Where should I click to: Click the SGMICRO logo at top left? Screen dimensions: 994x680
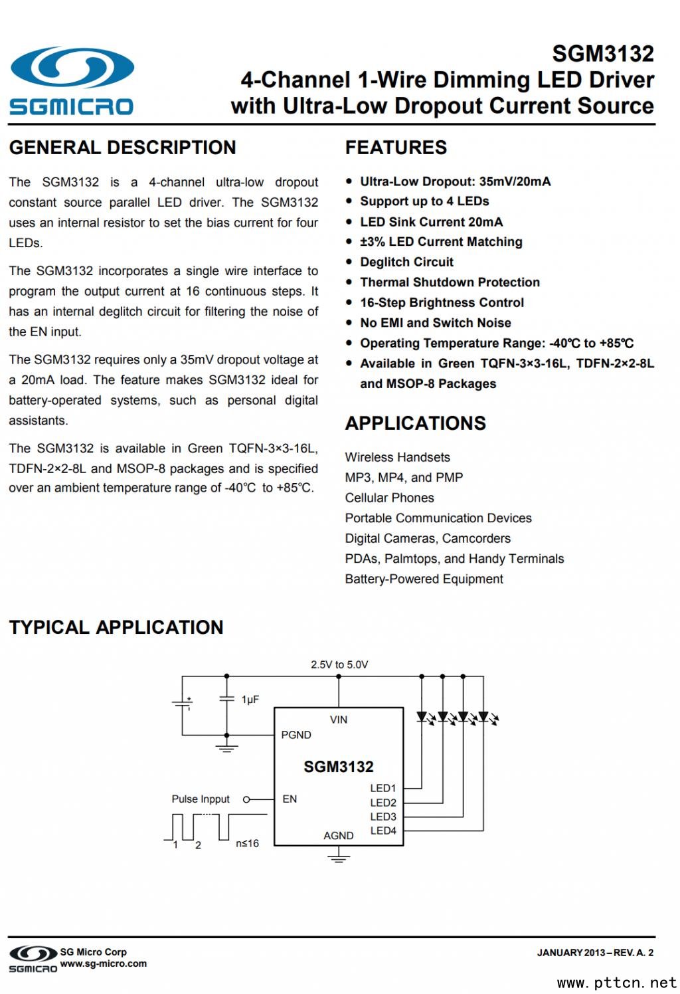coord(71,80)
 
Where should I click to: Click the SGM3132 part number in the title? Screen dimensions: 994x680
coord(602,53)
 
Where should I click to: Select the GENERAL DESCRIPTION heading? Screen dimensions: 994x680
coord(122,148)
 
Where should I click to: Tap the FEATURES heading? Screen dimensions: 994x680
coord(396,148)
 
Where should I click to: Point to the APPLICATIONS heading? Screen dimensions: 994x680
coord(415,423)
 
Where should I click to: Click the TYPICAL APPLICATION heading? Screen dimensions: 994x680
coord(116,627)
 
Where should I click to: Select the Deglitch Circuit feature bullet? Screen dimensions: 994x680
coord(406,262)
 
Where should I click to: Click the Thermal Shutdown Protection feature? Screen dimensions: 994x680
coord(450,282)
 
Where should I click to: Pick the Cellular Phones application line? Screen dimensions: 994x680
coord(389,498)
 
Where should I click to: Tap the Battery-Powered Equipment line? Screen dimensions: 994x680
coord(424,579)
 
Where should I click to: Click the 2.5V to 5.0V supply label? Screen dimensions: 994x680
coord(339,664)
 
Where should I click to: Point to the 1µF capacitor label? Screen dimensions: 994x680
coord(250,700)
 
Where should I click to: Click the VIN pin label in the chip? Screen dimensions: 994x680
coord(339,720)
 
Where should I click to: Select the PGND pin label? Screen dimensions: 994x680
coord(296,735)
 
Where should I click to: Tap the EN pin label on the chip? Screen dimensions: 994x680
coord(290,799)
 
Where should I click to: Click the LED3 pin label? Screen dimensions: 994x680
coord(383,817)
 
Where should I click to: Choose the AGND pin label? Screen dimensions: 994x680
coord(339,835)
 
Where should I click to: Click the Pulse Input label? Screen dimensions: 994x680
coord(201,799)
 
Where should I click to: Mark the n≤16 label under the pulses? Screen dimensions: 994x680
coord(247,843)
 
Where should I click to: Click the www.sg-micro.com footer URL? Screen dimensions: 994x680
coord(104,963)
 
